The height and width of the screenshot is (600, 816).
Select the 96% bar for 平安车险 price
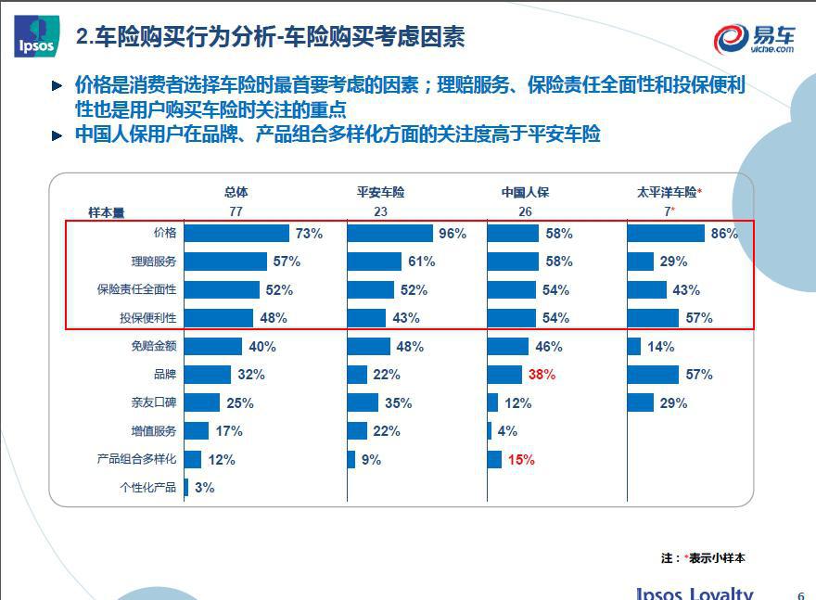point(389,234)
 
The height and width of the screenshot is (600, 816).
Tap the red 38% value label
point(542,375)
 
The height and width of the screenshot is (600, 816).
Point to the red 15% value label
point(521,460)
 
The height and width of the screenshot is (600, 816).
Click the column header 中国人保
point(525,193)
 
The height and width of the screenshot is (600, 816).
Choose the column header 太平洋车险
point(669,193)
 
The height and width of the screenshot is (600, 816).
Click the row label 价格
point(165,233)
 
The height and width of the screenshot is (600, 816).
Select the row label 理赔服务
point(154,262)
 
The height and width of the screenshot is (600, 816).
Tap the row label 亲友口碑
point(154,403)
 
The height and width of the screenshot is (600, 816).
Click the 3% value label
point(204,488)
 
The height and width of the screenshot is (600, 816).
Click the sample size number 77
point(236,211)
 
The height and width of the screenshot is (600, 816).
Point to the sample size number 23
point(380,211)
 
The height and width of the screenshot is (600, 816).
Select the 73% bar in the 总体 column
point(237,234)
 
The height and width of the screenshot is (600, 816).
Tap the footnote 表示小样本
point(717,558)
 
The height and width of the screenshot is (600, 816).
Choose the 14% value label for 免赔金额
point(661,347)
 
